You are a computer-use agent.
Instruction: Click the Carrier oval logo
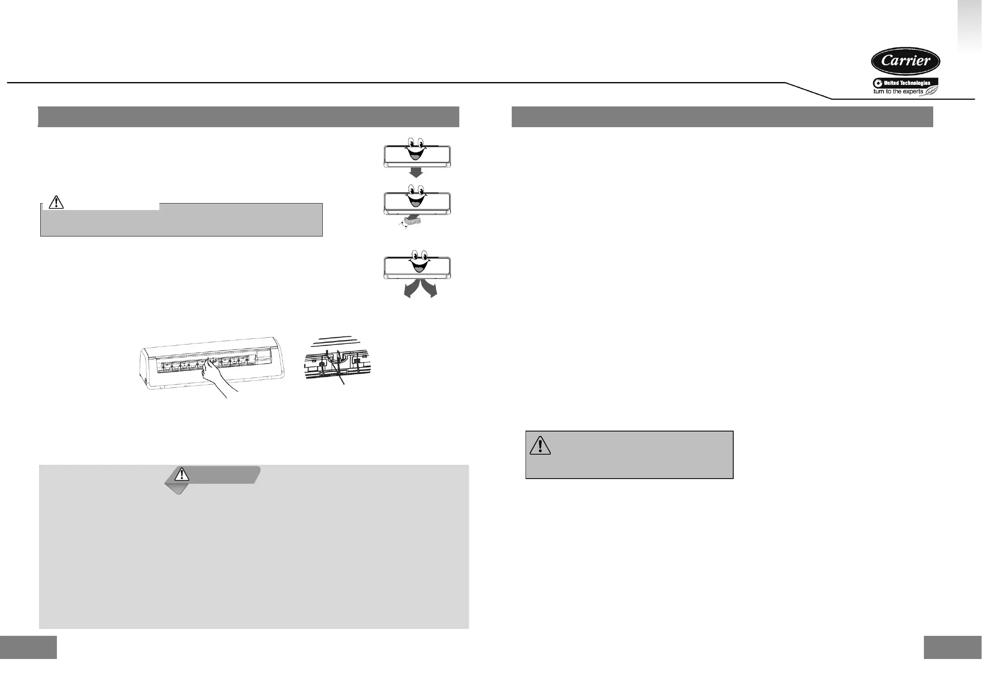coord(905,61)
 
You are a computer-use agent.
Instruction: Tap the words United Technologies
coord(907,83)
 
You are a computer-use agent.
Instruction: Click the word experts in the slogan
coord(912,91)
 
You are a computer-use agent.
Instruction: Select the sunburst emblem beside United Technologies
coord(878,83)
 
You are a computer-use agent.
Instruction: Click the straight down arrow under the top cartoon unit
coord(416,172)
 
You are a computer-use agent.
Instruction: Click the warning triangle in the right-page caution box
coord(540,445)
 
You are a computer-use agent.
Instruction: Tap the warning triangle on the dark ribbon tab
coord(182,474)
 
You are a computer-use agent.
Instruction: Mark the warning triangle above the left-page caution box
coord(56,202)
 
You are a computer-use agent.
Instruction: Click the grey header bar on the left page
coord(248,117)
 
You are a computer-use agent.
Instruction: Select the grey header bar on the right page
coord(722,117)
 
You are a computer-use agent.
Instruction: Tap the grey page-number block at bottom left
coord(28,647)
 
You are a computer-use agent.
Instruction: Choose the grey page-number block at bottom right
coord(952,647)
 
